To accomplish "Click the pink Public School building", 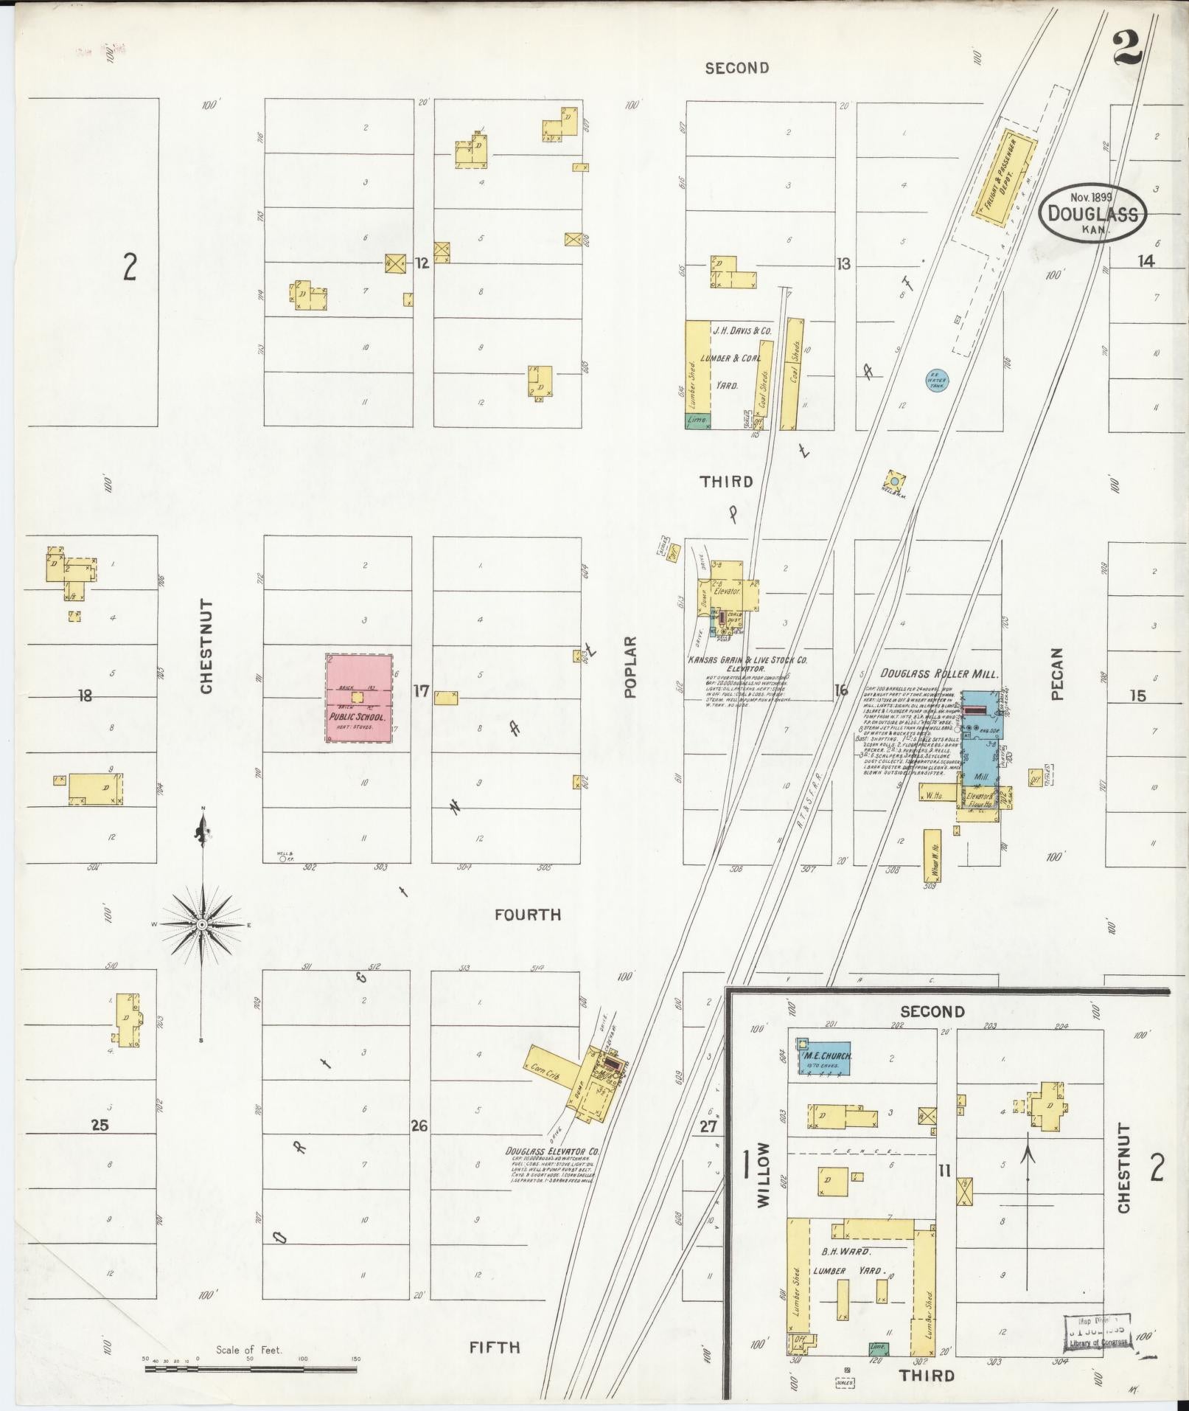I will (359, 698).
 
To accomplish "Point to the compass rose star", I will (201, 923).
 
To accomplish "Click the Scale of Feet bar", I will (251, 1369).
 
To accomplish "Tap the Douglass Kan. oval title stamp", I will (1092, 212).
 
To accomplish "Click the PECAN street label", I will (1057, 673).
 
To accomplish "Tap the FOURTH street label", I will (527, 915).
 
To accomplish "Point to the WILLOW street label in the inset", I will (763, 1185).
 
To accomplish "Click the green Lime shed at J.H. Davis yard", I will (697, 420).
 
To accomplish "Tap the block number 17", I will (421, 691).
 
